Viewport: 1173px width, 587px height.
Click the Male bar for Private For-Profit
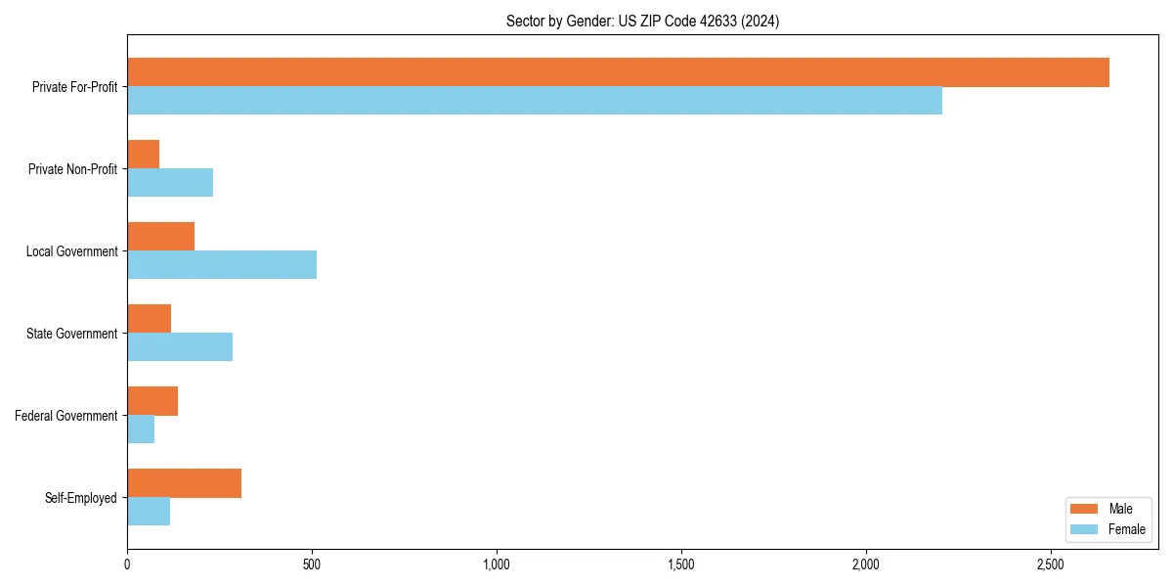[618, 72]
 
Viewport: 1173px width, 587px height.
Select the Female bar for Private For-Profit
[535, 101]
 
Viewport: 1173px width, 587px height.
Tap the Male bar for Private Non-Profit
[144, 155]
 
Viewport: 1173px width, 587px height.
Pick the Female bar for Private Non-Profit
[170, 183]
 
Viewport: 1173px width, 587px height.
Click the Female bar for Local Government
[222, 265]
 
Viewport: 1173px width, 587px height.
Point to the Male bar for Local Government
[161, 237]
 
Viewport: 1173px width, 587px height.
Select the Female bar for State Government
[180, 347]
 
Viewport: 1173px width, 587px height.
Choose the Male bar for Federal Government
[152, 401]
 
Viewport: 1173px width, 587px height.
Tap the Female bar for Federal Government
[141, 429]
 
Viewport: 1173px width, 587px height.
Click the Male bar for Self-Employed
[185, 483]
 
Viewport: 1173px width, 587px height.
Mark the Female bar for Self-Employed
[149, 512]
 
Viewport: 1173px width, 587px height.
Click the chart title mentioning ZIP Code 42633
[642, 21]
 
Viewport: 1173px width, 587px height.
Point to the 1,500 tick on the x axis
[681, 565]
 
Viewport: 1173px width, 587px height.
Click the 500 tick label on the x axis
[312, 565]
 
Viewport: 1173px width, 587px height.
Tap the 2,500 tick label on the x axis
[1050, 565]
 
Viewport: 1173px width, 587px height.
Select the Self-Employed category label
[81, 498]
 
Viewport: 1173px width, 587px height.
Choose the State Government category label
[72, 334]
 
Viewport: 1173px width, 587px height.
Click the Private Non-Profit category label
[73, 169]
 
